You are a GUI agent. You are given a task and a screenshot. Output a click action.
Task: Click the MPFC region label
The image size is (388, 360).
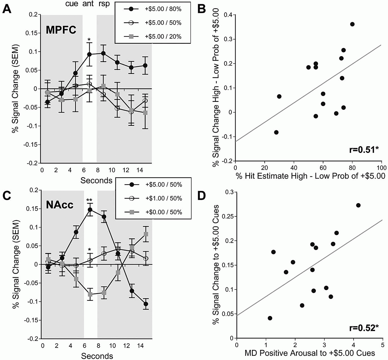pos(61,30)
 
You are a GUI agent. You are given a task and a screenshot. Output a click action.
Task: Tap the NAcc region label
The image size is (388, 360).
pos(60,205)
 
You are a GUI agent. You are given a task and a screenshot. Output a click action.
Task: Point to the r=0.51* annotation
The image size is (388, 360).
pos(364,150)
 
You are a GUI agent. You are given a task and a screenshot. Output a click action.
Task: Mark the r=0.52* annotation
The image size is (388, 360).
pos(364,328)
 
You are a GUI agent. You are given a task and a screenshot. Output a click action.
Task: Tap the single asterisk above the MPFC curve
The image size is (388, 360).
pos(89,40)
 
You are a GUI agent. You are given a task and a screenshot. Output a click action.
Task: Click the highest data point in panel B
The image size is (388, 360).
pos(352,24)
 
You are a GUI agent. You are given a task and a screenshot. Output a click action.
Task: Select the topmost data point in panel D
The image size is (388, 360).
pos(358,205)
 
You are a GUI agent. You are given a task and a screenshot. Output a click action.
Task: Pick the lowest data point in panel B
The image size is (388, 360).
pos(276,132)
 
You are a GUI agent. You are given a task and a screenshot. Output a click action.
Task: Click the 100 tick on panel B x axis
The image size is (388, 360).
pos(382,168)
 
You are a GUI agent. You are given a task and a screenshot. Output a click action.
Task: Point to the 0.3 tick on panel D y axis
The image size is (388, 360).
pos(229,192)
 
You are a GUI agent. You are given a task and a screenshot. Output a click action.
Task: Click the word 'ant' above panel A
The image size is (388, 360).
pos(88,4)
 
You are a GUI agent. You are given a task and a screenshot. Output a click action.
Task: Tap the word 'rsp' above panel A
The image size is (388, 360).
pos(104,4)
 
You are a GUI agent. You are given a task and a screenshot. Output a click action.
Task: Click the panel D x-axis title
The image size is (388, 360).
pos(310,353)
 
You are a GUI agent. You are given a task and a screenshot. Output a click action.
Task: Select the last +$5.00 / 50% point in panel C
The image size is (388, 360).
pos(146,304)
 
